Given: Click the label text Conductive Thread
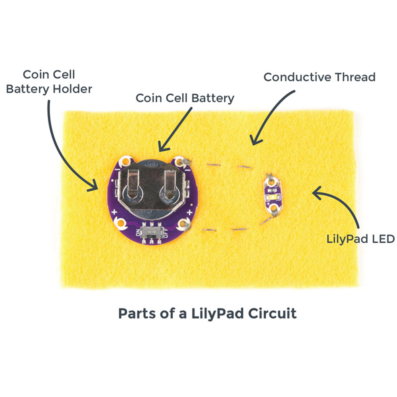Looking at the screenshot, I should coord(319,77).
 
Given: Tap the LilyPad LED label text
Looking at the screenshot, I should coord(360,239).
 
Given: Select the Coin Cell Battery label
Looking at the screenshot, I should coord(185,98).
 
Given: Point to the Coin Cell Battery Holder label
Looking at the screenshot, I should coord(49,81).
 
